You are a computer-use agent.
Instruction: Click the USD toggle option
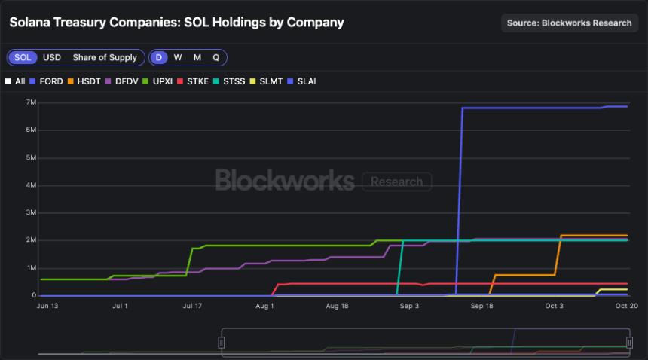pos(52,57)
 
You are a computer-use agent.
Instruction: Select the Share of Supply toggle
pos(105,57)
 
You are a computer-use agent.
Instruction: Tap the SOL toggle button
pos(23,57)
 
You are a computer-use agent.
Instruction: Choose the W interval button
pos(178,57)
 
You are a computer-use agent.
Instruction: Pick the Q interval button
pos(216,57)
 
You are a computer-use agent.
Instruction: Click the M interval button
pos(197,57)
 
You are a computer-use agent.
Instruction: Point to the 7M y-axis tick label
pos(32,102)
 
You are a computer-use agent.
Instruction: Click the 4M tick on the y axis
pos(32,185)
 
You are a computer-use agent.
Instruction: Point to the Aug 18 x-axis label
pos(337,306)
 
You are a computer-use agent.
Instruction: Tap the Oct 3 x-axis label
pos(554,306)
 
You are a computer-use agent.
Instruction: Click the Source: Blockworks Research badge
pos(569,23)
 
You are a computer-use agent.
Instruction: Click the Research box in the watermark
pos(396,182)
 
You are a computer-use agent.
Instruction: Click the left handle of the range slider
pos(222,343)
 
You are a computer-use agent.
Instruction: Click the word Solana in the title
pos(31,22)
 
